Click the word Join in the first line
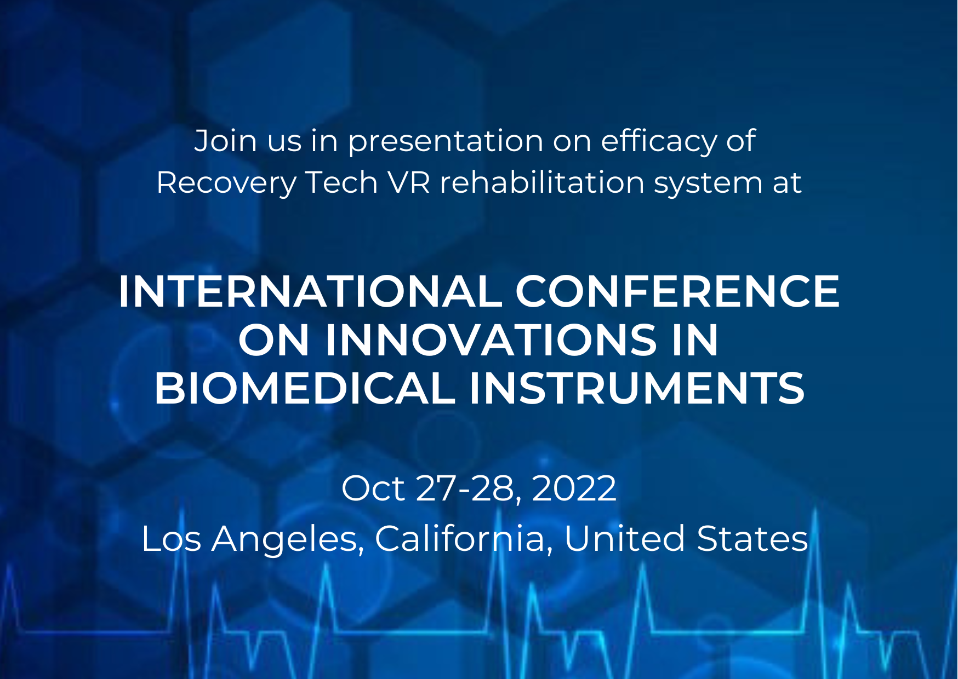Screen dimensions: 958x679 click(225, 141)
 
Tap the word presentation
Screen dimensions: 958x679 click(446, 142)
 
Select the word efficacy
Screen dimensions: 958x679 click(658, 141)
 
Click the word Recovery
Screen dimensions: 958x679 click(226, 183)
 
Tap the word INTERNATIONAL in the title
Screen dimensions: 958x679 click(310, 291)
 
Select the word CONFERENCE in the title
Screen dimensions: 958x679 click(677, 291)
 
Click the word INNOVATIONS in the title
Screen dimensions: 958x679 click(492, 340)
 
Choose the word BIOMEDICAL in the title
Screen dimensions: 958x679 click(305, 388)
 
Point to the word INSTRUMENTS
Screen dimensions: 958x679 click(637, 388)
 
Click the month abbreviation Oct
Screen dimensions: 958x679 click(373, 488)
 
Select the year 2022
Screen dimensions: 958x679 click(574, 488)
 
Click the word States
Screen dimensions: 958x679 click(752, 538)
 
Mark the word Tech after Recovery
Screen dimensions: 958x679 click(342, 182)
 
